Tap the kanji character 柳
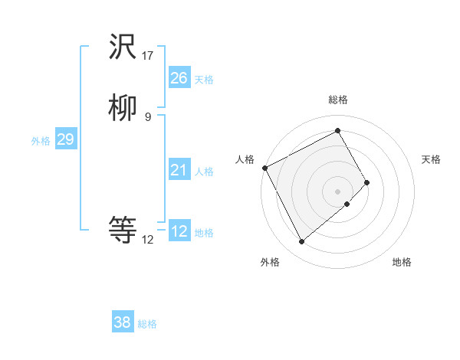[x=123, y=110]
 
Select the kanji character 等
[x=123, y=229]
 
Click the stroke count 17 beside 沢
[x=148, y=56]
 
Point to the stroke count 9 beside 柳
[x=148, y=116]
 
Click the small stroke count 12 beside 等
[x=148, y=239]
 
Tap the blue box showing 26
[x=179, y=78]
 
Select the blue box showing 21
[x=179, y=170]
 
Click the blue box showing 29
[x=65, y=139]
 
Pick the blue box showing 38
[x=122, y=322]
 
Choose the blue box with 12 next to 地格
[x=179, y=231]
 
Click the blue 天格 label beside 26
[x=204, y=80]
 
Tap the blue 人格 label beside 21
[x=204, y=172]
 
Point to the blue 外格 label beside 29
[x=41, y=141]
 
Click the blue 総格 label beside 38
[x=147, y=324]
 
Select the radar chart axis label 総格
[x=338, y=100]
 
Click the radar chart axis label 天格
[x=431, y=159]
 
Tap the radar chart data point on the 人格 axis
[x=264, y=168]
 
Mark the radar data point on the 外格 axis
[x=301, y=242]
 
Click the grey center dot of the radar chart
[x=338, y=191]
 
